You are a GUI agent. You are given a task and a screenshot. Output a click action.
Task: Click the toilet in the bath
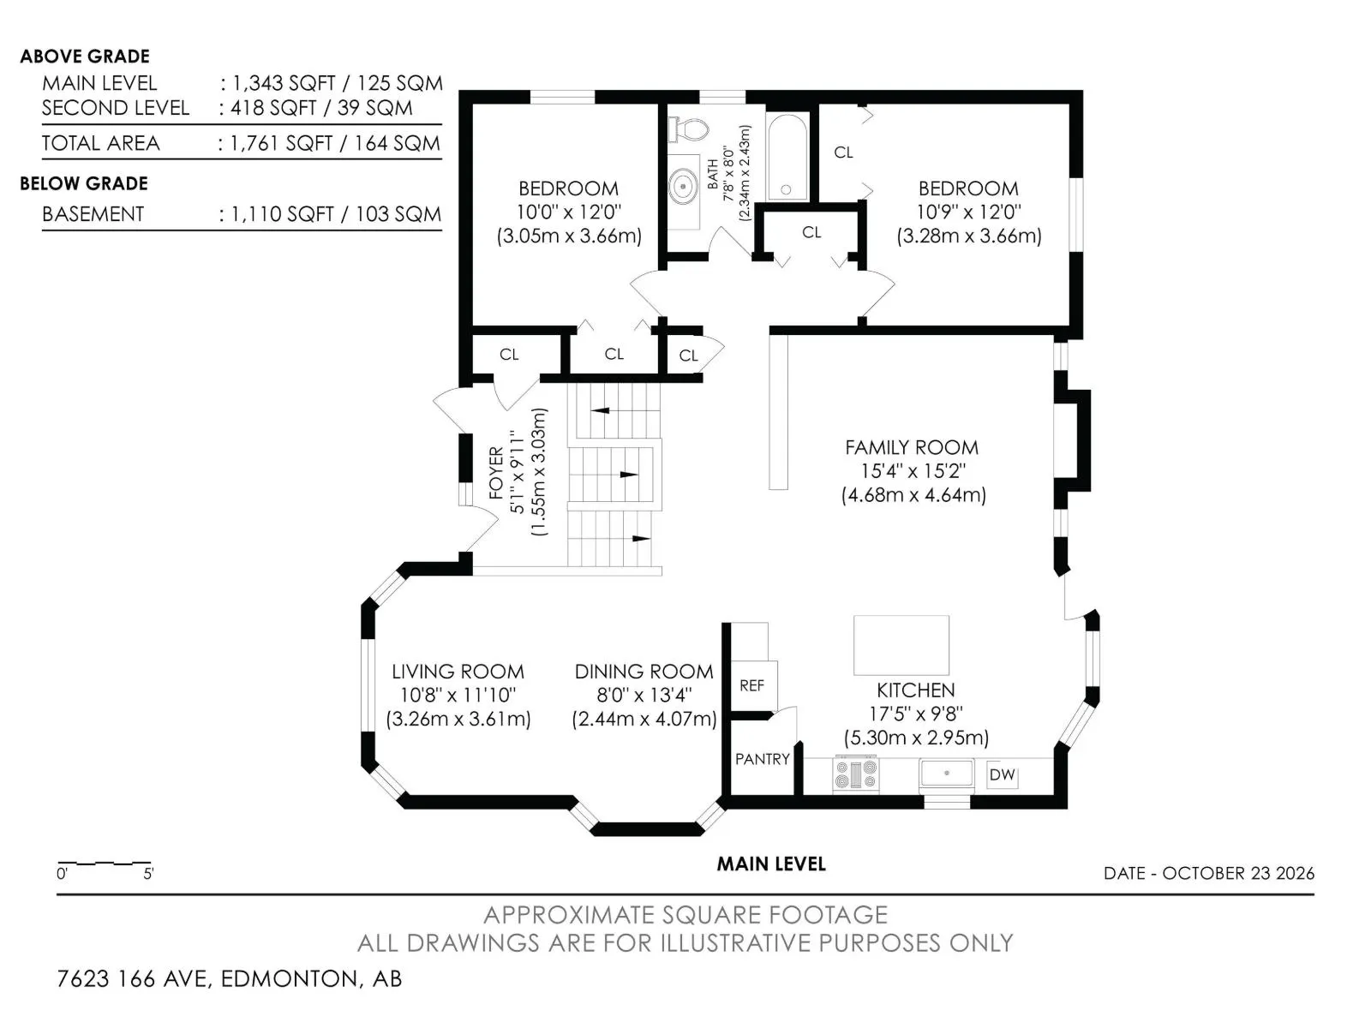coord(688,130)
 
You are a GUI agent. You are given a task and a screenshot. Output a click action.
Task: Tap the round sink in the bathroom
coord(684,186)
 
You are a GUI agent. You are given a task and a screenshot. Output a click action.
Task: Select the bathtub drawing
coord(787,156)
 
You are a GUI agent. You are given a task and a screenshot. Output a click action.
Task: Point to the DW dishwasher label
coord(1002,774)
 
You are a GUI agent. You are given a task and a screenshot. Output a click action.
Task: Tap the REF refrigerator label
coord(751,685)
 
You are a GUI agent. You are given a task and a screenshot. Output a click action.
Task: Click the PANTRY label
coord(762,759)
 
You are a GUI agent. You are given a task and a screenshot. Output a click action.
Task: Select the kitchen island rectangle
coord(901,645)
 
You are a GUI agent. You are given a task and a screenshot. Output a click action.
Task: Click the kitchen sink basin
coord(946,774)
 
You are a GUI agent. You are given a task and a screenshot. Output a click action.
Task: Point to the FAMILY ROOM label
coord(912,447)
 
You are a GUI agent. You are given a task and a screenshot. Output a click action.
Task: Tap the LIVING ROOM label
coord(458,672)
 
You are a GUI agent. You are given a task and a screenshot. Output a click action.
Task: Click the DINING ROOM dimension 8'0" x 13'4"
coord(644,695)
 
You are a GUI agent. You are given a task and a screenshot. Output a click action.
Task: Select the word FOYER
coord(496,473)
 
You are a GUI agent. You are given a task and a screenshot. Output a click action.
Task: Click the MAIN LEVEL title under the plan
coord(770,864)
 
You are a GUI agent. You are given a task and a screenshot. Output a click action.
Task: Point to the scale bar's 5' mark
coord(148,873)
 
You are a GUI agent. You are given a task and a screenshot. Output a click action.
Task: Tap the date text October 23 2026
coord(1238,873)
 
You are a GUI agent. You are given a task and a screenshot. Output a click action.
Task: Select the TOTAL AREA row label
coord(100,143)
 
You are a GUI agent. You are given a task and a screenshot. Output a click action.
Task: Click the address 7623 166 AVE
coord(132,978)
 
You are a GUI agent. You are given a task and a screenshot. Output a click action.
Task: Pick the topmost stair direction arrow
coord(601,410)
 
